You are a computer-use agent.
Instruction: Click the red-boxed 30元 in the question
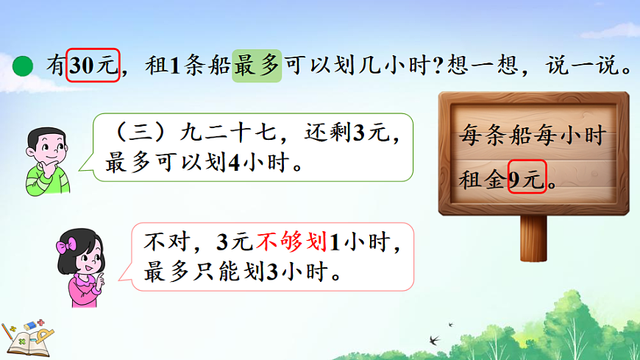pos(93,65)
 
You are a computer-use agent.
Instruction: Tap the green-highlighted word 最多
pos(257,65)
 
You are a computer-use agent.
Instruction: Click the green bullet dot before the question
pos(24,66)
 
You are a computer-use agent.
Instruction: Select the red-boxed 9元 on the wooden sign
pos(527,177)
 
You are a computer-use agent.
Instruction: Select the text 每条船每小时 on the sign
pos(531,135)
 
